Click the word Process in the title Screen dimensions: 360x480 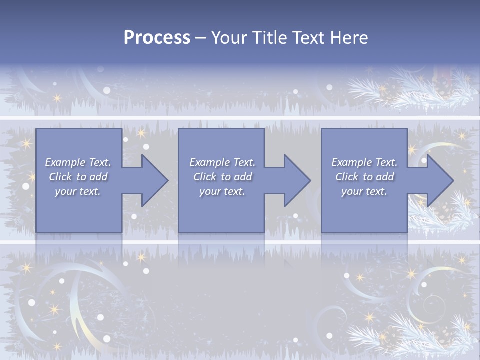click(157, 38)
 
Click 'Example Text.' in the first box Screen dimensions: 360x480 click(78, 162)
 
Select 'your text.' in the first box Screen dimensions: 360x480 click(78, 191)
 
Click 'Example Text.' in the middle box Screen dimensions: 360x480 click(222, 162)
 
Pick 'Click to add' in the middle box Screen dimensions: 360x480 click(222, 177)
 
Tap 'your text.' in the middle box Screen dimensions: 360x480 click(222, 191)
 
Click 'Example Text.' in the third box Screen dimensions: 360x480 click(364, 162)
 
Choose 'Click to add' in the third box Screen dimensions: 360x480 click(364, 177)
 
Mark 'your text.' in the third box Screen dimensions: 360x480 click(364, 191)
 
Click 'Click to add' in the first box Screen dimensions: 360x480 click(78, 177)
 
